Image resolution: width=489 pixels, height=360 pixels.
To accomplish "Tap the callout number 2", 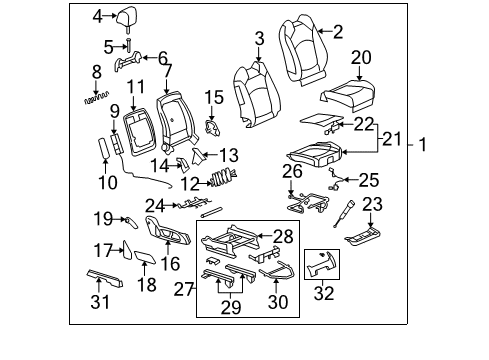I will [x=337, y=33].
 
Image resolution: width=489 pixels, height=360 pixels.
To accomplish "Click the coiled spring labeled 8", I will [x=96, y=98].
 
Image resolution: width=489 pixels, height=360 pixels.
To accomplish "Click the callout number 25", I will [x=369, y=182].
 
